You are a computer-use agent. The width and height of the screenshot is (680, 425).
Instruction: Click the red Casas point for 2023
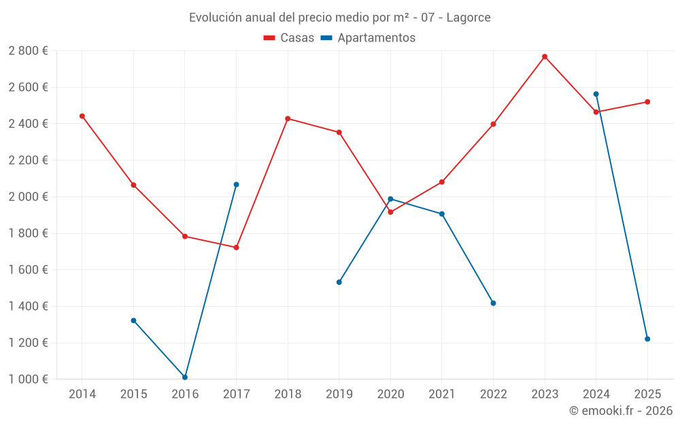coord(545,56)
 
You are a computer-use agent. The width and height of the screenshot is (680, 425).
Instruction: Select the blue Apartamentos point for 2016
coord(185,377)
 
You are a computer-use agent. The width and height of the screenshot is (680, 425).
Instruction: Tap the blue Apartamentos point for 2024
coord(596,94)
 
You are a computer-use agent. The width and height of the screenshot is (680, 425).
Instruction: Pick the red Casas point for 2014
coord(82,116)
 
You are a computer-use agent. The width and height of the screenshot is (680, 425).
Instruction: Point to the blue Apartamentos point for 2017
coord(237,184)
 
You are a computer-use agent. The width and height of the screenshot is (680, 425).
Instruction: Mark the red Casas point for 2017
coord(237,248)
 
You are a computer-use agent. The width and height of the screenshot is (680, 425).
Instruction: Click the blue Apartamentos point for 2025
coord(647,339)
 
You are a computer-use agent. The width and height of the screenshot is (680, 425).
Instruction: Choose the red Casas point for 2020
coord(390,212)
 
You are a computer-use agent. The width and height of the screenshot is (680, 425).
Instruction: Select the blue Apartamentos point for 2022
coord(493,303)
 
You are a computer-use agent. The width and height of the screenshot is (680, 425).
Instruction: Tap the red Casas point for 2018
coord(288,119)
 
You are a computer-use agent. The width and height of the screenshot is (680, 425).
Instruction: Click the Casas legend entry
coord(289,38)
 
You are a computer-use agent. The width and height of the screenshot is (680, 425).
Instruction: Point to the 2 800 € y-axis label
coord(28,51)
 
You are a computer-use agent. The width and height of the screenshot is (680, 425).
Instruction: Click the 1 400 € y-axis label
coord(28,306)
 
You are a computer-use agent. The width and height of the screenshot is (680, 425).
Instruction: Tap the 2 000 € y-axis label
coord(28,197)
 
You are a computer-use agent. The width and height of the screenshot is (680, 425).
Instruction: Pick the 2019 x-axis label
coord(339,394)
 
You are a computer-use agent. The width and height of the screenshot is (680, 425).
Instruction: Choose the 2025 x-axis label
coord(647,394)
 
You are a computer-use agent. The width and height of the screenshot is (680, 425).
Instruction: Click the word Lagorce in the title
coord(469,18)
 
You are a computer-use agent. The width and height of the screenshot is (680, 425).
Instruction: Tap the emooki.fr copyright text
coord(621,411)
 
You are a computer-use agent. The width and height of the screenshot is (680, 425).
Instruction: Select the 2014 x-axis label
coord(82,394)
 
